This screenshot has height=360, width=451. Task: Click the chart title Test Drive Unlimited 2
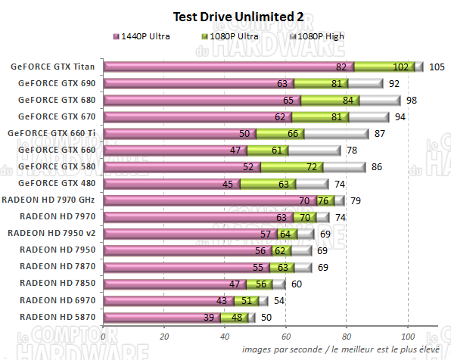point(225,16)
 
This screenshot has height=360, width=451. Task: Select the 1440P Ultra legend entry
point(145,36)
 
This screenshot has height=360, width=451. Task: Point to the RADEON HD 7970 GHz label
point(51,200)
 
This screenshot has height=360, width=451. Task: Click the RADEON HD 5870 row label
point(58,316)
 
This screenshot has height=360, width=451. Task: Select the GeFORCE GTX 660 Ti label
point(52,133)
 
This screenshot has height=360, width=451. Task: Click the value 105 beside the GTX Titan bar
point(436,67)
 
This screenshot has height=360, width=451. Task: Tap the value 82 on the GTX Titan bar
point(342,67)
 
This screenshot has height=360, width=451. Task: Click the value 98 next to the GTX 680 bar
point(412,101)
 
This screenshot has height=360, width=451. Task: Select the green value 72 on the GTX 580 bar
point(311,167)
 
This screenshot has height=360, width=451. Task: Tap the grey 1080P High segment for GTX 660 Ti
point(337,133)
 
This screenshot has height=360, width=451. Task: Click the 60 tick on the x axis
point(286,335)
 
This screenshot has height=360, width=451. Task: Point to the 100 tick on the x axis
point(408,335)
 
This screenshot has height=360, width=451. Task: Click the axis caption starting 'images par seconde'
point(343,349)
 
